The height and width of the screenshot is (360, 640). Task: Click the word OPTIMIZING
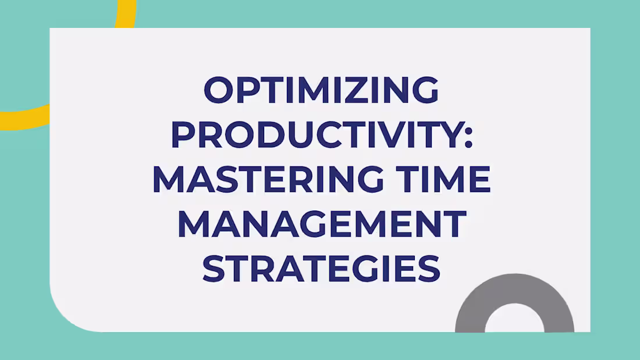321,91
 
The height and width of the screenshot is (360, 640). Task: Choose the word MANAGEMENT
322,224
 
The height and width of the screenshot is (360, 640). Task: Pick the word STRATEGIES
321,269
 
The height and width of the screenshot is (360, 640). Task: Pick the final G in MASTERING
368,180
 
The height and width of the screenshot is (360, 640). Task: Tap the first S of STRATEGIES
214,269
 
